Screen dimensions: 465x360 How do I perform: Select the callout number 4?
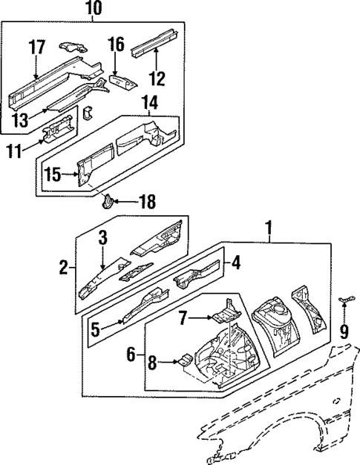[x=235, y=263]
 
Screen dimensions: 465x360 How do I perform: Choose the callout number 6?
[x=132, y=355]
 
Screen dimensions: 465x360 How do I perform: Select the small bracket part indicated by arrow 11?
[x=58, y=132]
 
